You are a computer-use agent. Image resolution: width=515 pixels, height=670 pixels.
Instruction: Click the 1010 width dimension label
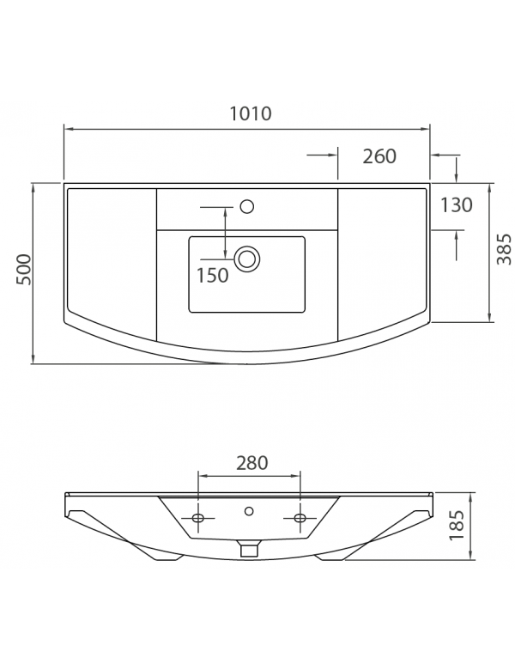point(251,113)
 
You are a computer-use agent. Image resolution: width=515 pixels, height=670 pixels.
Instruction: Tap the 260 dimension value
point(379,156)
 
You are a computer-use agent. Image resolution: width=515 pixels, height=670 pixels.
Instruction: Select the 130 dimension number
point(457,205)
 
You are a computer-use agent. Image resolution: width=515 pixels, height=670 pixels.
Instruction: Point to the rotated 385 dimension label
point(505,249)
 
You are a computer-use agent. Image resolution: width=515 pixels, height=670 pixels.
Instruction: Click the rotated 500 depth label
point(24,269)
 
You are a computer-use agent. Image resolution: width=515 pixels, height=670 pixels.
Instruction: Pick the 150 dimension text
point(212,276)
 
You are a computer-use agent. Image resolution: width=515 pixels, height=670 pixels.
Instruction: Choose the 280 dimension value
point(252,463)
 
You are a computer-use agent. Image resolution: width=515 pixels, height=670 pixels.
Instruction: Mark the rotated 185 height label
point(457,525)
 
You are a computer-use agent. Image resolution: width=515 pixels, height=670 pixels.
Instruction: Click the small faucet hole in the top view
point(247,207)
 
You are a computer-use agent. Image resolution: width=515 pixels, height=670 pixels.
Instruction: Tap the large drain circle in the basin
point(247,259)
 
